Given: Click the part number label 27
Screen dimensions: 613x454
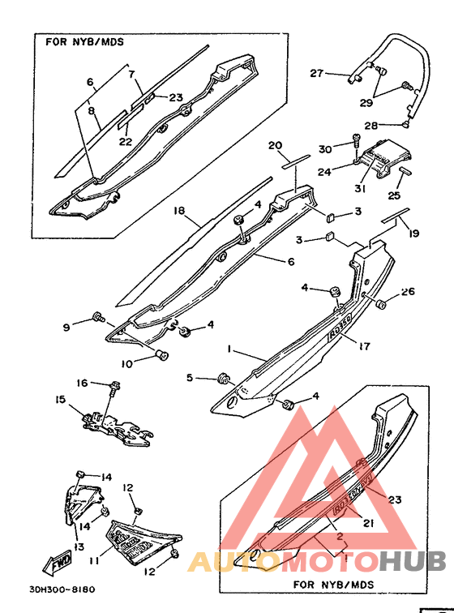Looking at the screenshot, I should click(x=317, y=74).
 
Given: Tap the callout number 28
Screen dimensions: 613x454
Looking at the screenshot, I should click(x=370, y=126).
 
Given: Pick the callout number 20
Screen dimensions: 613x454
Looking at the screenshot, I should click(x=276, y=146).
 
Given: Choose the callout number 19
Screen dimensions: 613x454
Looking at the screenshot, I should click(x=414, y=234).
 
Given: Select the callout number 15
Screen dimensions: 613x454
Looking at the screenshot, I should click(x=60, y=400).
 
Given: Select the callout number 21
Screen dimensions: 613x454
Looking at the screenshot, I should click(x=368, y=525).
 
